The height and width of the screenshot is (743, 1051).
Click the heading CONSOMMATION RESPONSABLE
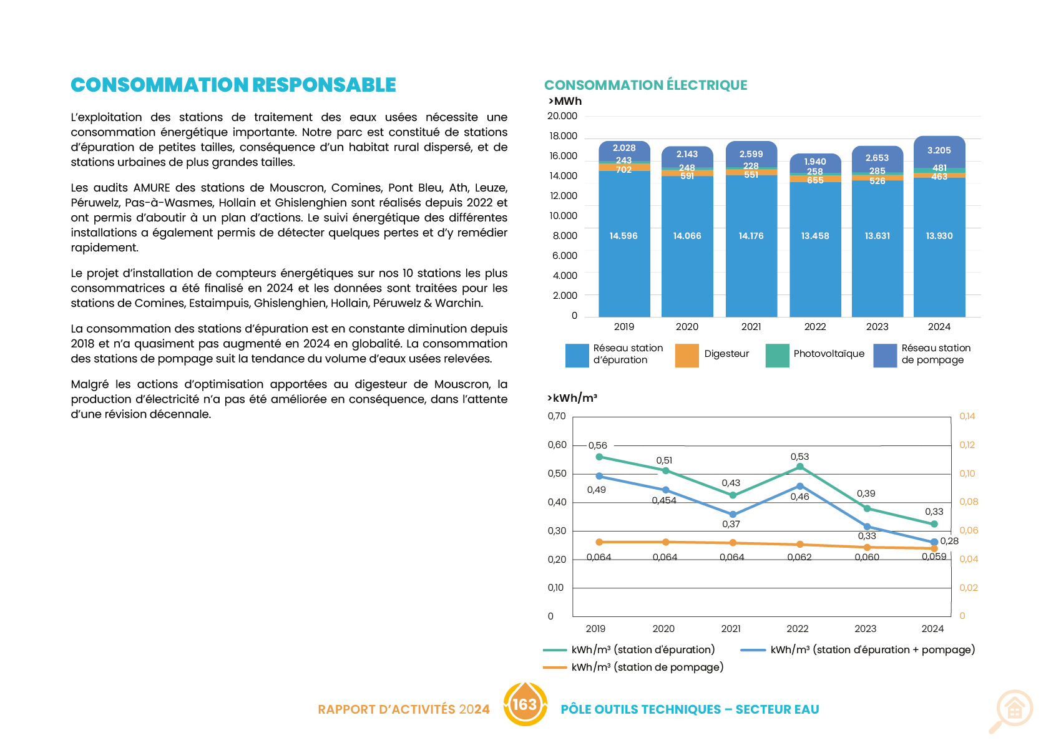tap(233, 85)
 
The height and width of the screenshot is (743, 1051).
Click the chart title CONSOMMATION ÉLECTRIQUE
tap(645, 85)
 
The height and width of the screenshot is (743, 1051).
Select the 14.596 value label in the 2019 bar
tap(623, 236)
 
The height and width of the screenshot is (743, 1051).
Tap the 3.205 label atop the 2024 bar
tap(939, 150)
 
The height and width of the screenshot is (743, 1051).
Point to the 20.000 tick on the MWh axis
tap(562, 116)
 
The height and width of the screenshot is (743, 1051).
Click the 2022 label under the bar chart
tap(814, 327)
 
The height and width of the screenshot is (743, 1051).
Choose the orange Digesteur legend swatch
tap(687, 356)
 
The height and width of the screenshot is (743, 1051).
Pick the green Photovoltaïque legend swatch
tap(777, 356)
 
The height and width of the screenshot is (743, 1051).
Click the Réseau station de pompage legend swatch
tap(885, 356)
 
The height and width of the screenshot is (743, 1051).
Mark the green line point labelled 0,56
tap(599, 457)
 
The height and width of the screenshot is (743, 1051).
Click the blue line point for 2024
tap(934, 541)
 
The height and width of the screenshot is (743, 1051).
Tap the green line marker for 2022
tap(800, 467)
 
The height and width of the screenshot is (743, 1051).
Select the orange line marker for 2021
tap(733, 543)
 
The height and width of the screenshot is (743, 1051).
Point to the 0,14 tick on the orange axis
tap(967, 416)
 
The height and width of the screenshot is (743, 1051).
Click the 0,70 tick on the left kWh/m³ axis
tap(556, 416)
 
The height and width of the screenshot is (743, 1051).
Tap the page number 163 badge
tap(525, 704)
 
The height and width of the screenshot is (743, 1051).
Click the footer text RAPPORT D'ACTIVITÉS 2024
tap(403, 709)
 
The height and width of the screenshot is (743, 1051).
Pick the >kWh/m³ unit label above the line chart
tap(572, 398)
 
